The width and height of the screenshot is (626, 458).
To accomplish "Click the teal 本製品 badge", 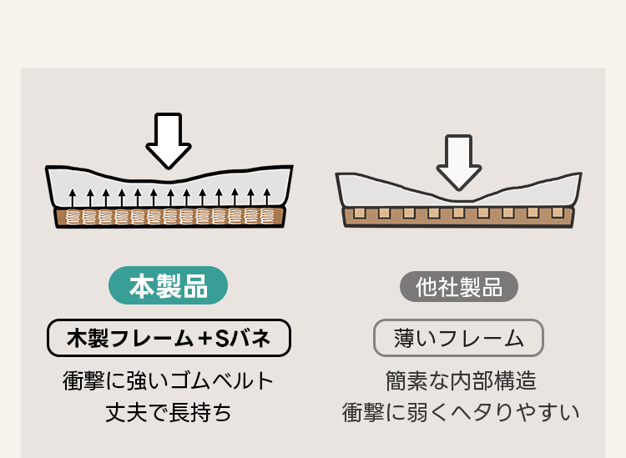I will click(x=169, y=286).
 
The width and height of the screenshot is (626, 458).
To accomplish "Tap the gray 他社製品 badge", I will click(x=458, y=287).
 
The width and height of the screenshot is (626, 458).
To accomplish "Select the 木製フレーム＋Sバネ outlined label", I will click(x=169, y=338).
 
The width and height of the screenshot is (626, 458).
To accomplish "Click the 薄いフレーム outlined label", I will click(x=458, y=338).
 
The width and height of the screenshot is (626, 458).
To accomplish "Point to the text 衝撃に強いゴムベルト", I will click(x=169, y=381).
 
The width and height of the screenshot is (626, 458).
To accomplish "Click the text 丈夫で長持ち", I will click(x=169, y=411).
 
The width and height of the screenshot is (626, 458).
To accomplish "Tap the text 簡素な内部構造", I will click(x=460, y=381).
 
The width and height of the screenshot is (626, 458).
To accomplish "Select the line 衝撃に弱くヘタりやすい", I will click(x=460, y=411).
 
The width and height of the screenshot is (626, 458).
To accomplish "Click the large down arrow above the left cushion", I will click(x=169, y=140).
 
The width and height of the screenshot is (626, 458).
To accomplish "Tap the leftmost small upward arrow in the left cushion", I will click(x=73, y=198).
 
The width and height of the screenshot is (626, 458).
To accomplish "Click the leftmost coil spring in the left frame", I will click(x=73, y=218).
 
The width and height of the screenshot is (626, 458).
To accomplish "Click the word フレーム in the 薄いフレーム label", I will click(x=481, y=338).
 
